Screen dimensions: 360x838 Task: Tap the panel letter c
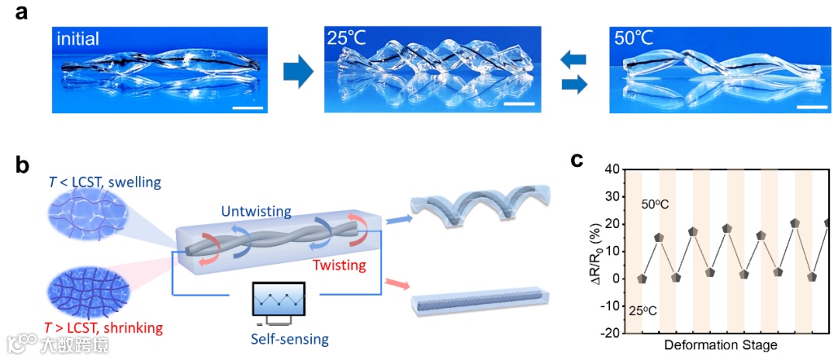coord(577,160)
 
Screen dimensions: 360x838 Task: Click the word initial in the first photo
coord(78,38)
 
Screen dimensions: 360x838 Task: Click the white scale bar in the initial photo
coord(248,107)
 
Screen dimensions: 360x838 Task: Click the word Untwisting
coord(257,212)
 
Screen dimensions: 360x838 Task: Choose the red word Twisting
coord(339,265)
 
